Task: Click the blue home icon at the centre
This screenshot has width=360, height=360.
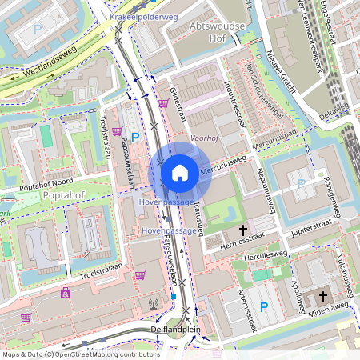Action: click(x=180, y=172)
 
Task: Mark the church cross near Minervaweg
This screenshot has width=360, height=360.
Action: click(x=323, y=295)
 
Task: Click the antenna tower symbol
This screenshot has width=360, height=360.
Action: click(x=154, y=303)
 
